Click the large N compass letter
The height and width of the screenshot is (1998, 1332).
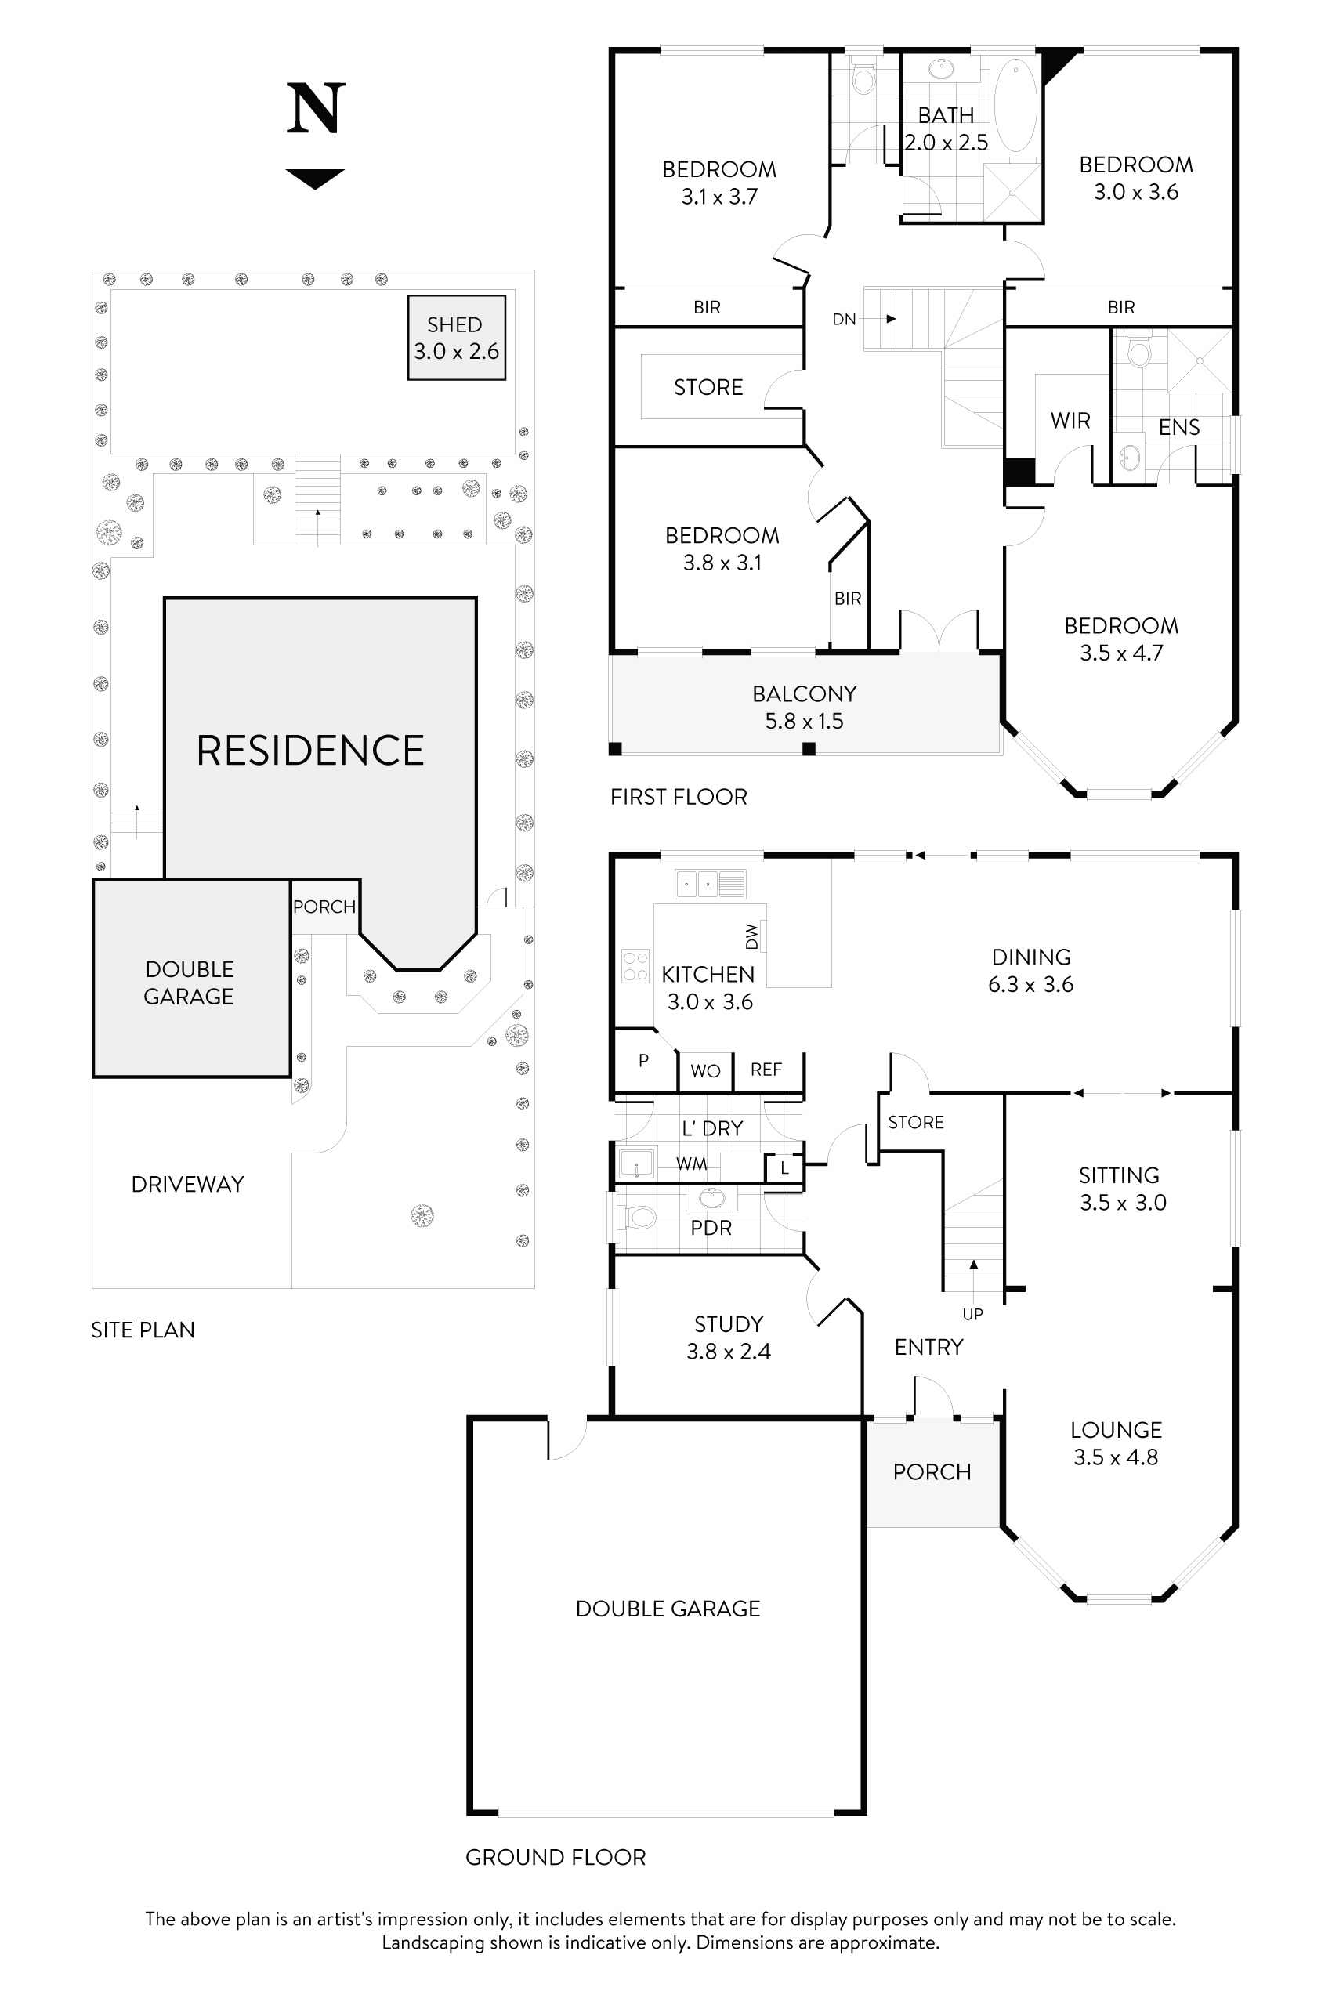pos(315,109)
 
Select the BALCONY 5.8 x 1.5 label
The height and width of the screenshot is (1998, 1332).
pos(804,707)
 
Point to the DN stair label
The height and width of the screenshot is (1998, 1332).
pos(844,320)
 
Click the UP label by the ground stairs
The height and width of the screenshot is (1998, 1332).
pos(972,1314)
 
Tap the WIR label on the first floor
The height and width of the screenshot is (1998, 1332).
pos(1070,421)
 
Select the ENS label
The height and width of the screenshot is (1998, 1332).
pos(1178,427)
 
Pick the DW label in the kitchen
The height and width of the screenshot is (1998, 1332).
pos(751,936)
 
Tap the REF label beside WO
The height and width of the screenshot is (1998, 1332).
pos(766,1070)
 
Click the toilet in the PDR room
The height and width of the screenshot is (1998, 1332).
pos(640,1218)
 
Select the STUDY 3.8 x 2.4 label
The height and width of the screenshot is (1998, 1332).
pos(728,1337)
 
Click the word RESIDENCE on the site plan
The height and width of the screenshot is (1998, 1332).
pos(310,751)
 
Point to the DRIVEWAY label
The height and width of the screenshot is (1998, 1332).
pos(187,1184)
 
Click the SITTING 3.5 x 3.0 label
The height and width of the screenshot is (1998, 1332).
pos(1121,1189)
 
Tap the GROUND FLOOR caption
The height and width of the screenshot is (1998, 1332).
pos(555,1857)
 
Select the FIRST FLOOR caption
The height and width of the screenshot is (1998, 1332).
pos(678,797)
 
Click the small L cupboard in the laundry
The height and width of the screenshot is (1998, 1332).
pos(784,1168)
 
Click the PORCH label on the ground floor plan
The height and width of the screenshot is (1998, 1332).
pos(931,1472)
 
